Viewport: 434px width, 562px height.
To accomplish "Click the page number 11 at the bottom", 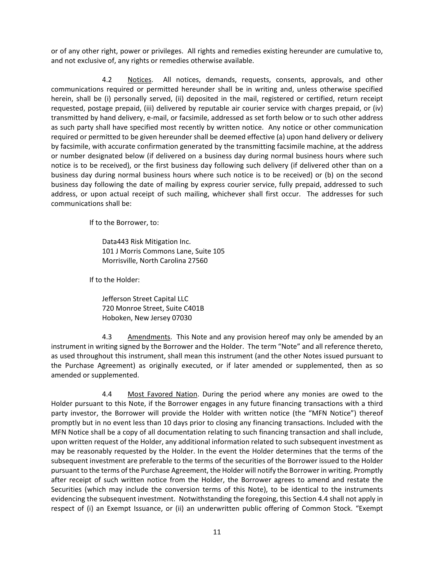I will pos(217,532).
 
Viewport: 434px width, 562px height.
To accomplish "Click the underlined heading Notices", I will pos(139,80).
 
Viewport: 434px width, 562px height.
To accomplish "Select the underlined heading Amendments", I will pos(149,337).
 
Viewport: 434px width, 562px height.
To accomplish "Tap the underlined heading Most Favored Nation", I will pos(162,394).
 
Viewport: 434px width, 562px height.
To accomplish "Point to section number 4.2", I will pos(107,80).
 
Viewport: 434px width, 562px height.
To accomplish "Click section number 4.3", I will pos(107,337).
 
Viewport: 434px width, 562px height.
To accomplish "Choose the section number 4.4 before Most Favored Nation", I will pos(107,394).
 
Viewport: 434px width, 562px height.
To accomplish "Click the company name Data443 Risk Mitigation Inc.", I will pos(146,242).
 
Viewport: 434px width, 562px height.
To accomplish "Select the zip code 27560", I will pos(198,261).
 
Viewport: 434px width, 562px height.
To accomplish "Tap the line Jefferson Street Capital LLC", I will pos(145,299).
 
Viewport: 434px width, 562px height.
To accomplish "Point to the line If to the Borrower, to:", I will pos(124,223).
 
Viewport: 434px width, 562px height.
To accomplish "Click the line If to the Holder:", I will pos(114,280).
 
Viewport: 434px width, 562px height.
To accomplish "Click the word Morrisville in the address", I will pos(120,261).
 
